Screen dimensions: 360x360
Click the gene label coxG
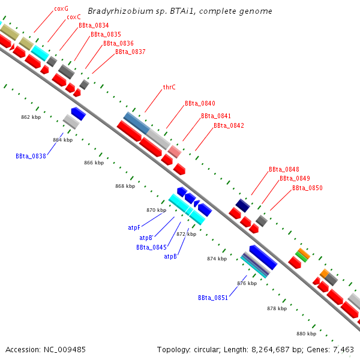61,9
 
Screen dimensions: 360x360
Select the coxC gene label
74,17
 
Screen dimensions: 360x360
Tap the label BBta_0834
94,26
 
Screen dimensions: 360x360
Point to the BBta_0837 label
130,52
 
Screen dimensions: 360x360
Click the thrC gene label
169,88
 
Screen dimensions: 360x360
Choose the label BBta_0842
229,125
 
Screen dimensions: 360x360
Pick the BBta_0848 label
284,170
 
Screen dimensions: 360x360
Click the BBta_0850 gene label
307,188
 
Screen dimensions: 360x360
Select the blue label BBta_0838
31,156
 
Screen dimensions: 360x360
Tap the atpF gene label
134,228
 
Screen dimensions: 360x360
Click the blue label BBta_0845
151,247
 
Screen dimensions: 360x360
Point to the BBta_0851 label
213,298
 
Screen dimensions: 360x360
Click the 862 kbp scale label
30,117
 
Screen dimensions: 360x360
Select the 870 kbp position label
156,211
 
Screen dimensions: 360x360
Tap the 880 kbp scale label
306,334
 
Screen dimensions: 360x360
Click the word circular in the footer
209,349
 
